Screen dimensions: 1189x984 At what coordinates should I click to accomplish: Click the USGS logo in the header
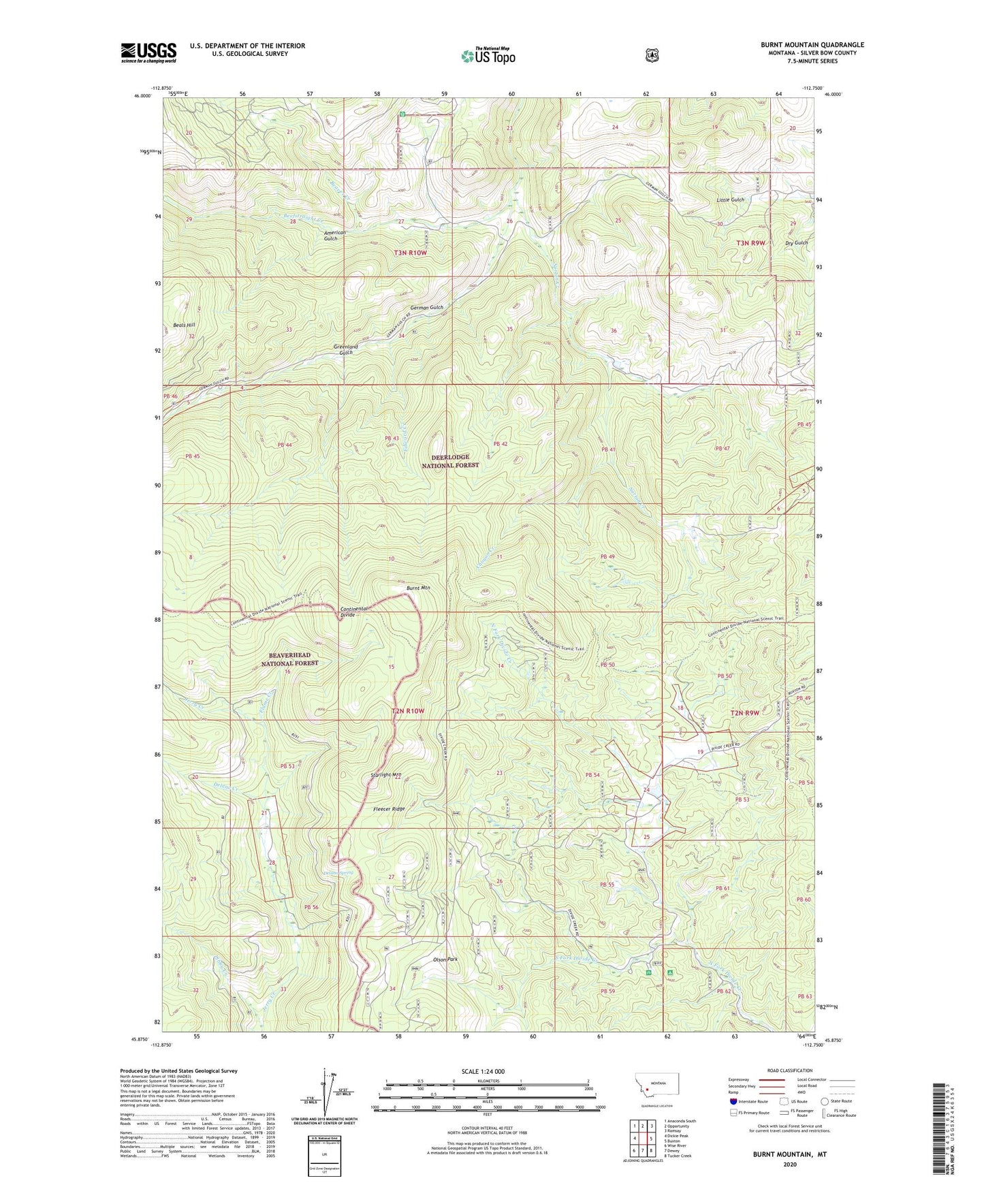pyautogui.click(x=148, y=52)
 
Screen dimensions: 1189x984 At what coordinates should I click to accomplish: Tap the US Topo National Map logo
pyautogui.click(x=488, y=55)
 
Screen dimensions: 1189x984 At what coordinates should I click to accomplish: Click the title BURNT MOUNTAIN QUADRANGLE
pyautogui.click(x=812, y=45)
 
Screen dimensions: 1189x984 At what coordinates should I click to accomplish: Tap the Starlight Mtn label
pyautogui.click(x=385, y=775)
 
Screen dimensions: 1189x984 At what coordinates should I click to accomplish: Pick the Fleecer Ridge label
pyautogui.click(x=389, y=809)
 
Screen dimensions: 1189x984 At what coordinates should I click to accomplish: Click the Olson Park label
pyautogui.click(x=447, y=960)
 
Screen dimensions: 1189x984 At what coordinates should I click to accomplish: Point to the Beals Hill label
pyautogui.click(x=184, y=325)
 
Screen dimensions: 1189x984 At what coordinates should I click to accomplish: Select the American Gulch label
pyautogui.click(x=335, y=236)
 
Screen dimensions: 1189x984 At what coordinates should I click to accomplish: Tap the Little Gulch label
pyautogui.click(x=730, y=200)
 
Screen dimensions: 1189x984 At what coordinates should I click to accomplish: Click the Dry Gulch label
pyautogui.click(x=796, y=242)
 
